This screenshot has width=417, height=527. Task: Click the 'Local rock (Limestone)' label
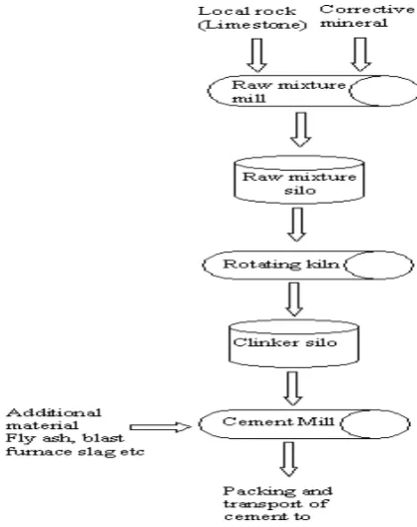coord(253,18)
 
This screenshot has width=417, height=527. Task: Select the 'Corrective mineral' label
coord(367,16)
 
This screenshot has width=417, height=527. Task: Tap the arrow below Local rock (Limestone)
coord(258,55)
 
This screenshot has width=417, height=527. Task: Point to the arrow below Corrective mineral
coord(361,54)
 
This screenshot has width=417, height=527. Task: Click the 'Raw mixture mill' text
coord(288,91)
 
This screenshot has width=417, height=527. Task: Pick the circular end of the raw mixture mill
coord(383,91)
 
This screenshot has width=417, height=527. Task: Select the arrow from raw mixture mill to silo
coord(300,130)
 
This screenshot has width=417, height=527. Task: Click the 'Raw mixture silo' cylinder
coord(299,180)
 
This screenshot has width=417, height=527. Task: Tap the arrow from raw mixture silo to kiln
coord(297,224)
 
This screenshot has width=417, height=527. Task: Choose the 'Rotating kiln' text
coord(281,265)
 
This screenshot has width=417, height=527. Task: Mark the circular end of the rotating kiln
coord(378,265)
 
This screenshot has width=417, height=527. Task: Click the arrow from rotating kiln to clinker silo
coord(294,300)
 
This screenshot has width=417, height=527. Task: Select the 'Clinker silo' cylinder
coord(293,343)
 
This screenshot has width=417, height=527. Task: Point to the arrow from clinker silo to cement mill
coord(293,389)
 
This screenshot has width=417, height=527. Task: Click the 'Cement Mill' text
coord(278,422)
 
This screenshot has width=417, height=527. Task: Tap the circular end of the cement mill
coord(375,424)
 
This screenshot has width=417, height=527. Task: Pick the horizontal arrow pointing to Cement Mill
coord(160,427)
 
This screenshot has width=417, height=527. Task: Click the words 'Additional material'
coord(53,419)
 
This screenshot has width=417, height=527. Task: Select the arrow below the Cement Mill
coord(289,459)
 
